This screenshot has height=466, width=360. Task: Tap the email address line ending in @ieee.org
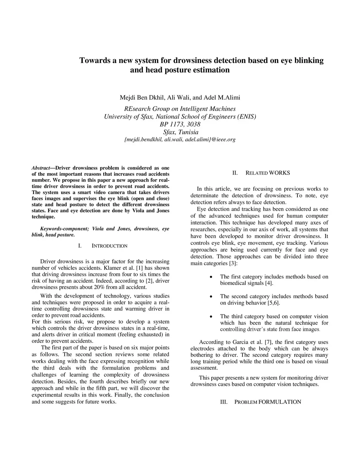coord(180,139)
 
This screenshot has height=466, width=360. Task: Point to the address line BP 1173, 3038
coord(180,124)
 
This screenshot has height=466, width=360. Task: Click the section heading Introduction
coord(109,246)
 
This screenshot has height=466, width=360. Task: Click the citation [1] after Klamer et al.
coord(139,268)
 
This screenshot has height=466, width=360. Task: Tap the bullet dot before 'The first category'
coord(211,277)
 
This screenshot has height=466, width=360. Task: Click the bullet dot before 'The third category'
coord(211,317)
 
